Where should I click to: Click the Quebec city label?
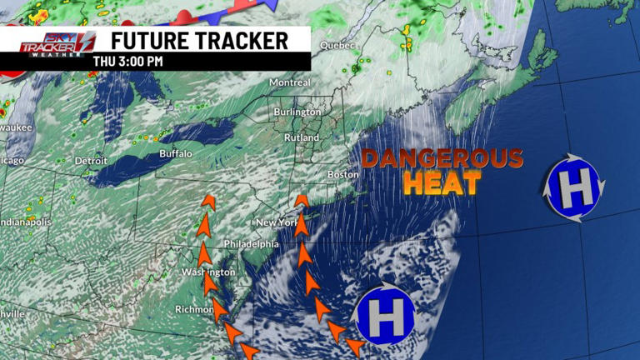338,45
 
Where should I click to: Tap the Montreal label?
290,83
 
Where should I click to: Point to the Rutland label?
302,137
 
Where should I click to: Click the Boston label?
342,174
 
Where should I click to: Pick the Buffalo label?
176,154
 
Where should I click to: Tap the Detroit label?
91,160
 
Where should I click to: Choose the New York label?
277,222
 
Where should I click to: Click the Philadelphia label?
251,244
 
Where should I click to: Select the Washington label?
205,272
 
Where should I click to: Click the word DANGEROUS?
442,158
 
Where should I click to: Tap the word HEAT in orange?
442,183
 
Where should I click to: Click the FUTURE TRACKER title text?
200,40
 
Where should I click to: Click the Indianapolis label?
25,222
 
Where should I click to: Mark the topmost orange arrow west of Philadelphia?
207,201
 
